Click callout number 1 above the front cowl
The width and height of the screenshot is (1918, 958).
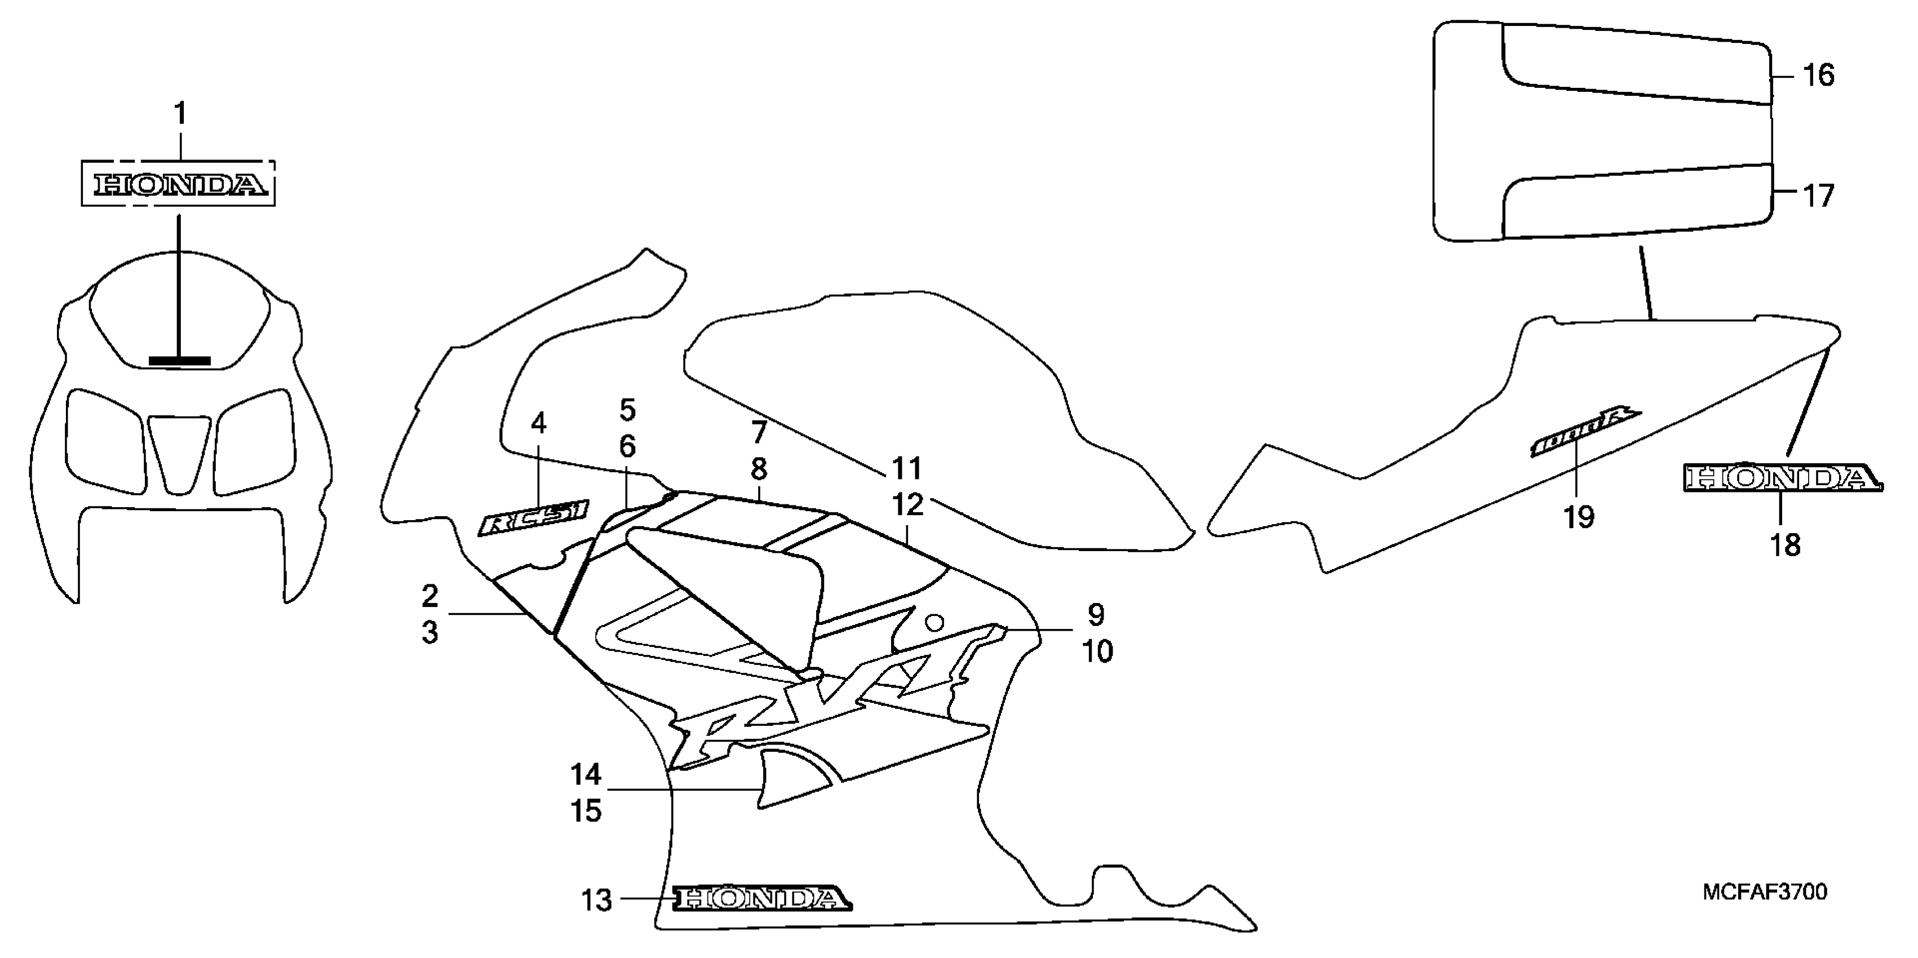(x=179, y=114)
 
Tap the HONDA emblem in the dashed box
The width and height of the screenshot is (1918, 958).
(x=179, y=185)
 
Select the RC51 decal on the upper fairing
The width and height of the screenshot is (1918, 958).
(x=533, y=517)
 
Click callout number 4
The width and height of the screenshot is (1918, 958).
(x=538, y=424)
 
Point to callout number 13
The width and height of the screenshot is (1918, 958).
(x=596, y=901)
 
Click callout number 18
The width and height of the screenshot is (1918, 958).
(x=1785, y=545)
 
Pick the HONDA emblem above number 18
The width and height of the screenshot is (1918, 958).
(x=1781, y=478)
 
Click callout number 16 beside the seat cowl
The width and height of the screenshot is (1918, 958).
(x=1818, y=75)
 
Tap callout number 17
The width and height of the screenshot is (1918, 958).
(x=1818, y=196)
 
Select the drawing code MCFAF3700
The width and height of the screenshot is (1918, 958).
(x=1764, y=892)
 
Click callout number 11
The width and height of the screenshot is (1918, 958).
(x=906, y=469)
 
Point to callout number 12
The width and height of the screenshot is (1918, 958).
(x=907, y=505)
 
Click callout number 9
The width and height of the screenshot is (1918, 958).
(x=1095, y=615)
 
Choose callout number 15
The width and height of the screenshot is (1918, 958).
(x=586, y=810)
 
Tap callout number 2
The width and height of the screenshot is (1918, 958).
(x=429, y=596)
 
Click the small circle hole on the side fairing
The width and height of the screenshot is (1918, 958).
(x=934, y=622)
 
